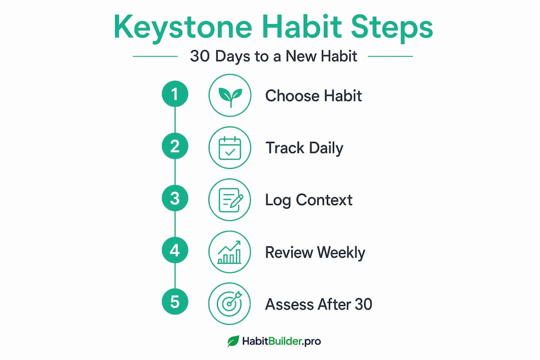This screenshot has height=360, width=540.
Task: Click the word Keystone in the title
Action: pyautogui.click(x=183, y=28)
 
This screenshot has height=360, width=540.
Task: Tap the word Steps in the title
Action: pyautogui.click(x=391, y=28)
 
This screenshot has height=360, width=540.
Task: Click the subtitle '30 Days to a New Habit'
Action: pyautogui.click(x=274, y=56)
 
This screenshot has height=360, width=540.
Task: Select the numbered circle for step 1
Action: pyautogui.click(x=175, y=93)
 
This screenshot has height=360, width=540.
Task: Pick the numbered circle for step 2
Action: pyautogui.click(x=175, y=146)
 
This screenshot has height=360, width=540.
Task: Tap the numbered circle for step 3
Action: pyautogui.click(x=175, y=198)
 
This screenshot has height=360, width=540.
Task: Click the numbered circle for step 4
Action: pyautogui.click(x=175, y=250)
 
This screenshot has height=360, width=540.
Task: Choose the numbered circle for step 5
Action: pyautogui.click(x=175, y=302)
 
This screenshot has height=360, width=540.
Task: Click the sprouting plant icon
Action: pyautogui.click(x=230, y=95)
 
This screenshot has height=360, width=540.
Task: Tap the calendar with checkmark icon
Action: pyautogui.click(x=230, y=148)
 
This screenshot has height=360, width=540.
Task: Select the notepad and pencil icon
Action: pyautogui.click(x=230, y=200)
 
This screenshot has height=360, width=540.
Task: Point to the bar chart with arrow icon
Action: pyautogui.click(x=230, y=252)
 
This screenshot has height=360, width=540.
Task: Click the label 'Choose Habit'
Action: pyautogui.click(x=313, y=96)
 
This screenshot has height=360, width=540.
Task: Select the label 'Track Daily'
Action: pyautogui.click(x=304, y=148)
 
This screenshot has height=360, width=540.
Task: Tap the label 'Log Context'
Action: pyautogui.click(x=309, y=200)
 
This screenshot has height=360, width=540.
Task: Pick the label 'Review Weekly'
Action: pyautogui.click(x=315, y=253)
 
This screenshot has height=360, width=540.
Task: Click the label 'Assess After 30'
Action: pyautogui.click(x=318, y=304)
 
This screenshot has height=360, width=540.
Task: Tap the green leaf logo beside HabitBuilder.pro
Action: pyautogui.click(x=233, y=341)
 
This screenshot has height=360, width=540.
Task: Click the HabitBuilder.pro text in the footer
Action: pyautogui.click(x=281, y=341)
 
